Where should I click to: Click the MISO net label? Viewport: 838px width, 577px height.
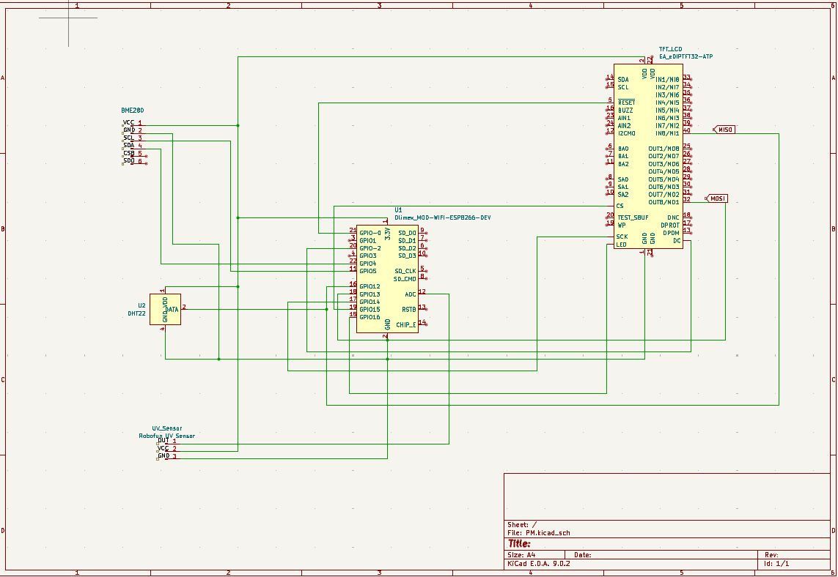[x=725, y=130]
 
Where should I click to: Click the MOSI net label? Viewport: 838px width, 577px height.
[x=717, y=198]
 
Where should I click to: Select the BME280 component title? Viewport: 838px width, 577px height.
[x=133, y=110]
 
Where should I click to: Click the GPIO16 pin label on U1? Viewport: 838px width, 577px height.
[x=370, y=317]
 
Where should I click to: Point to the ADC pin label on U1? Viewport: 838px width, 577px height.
[x=410, y=294]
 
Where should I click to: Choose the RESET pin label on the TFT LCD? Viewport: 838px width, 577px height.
[x=626, y=103]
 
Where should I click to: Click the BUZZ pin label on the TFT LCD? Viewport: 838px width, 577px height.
[x=625, y=110]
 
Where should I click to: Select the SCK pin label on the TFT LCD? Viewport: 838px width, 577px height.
[x=622, y=237]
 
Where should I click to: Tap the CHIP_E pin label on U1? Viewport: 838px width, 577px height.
[x=406, y=324]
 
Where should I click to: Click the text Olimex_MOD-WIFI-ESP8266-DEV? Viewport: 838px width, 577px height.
[x=442, y=218]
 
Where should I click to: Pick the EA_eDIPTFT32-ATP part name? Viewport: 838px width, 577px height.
[x=686, y=56]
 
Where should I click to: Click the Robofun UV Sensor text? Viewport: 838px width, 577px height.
[x=166, y=436]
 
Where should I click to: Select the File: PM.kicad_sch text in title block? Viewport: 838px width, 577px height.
[x=538, y=533]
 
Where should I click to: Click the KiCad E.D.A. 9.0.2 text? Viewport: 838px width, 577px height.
[x=538, y=564]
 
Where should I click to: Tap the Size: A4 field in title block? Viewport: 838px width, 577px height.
[x=521, y=555]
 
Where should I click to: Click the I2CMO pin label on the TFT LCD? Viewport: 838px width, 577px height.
[x=626, y=133]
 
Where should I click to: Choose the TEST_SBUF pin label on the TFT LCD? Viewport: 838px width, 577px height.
[x=633, y=217]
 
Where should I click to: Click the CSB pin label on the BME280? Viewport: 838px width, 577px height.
[x=128, y=153]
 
